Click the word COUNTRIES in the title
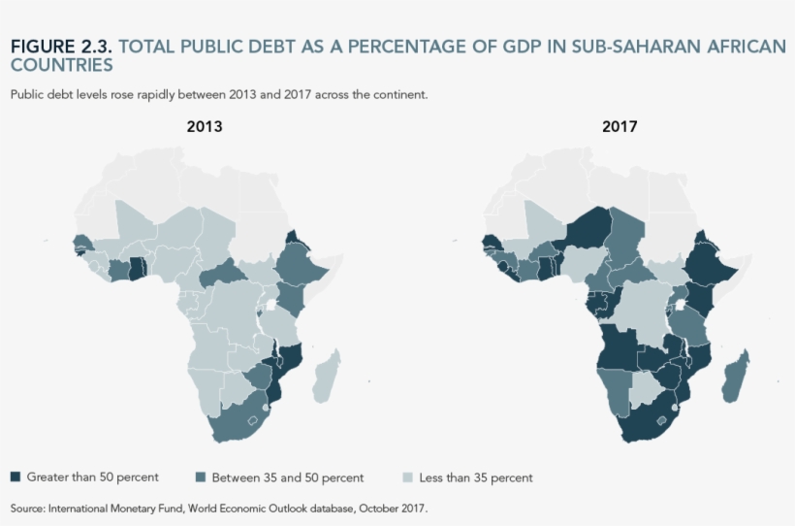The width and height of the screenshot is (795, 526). tap(61, 66)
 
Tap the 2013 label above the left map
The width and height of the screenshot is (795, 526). tap(205, 126)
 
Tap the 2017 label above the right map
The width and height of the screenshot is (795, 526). tap(620, 126)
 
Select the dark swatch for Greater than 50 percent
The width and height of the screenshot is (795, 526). tap(15, 477)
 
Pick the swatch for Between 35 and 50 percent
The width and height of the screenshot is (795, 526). tap(201, 477)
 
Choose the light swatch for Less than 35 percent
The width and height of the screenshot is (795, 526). tap(407, 477)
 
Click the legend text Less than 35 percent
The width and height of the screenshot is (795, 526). tap(475, 477)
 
